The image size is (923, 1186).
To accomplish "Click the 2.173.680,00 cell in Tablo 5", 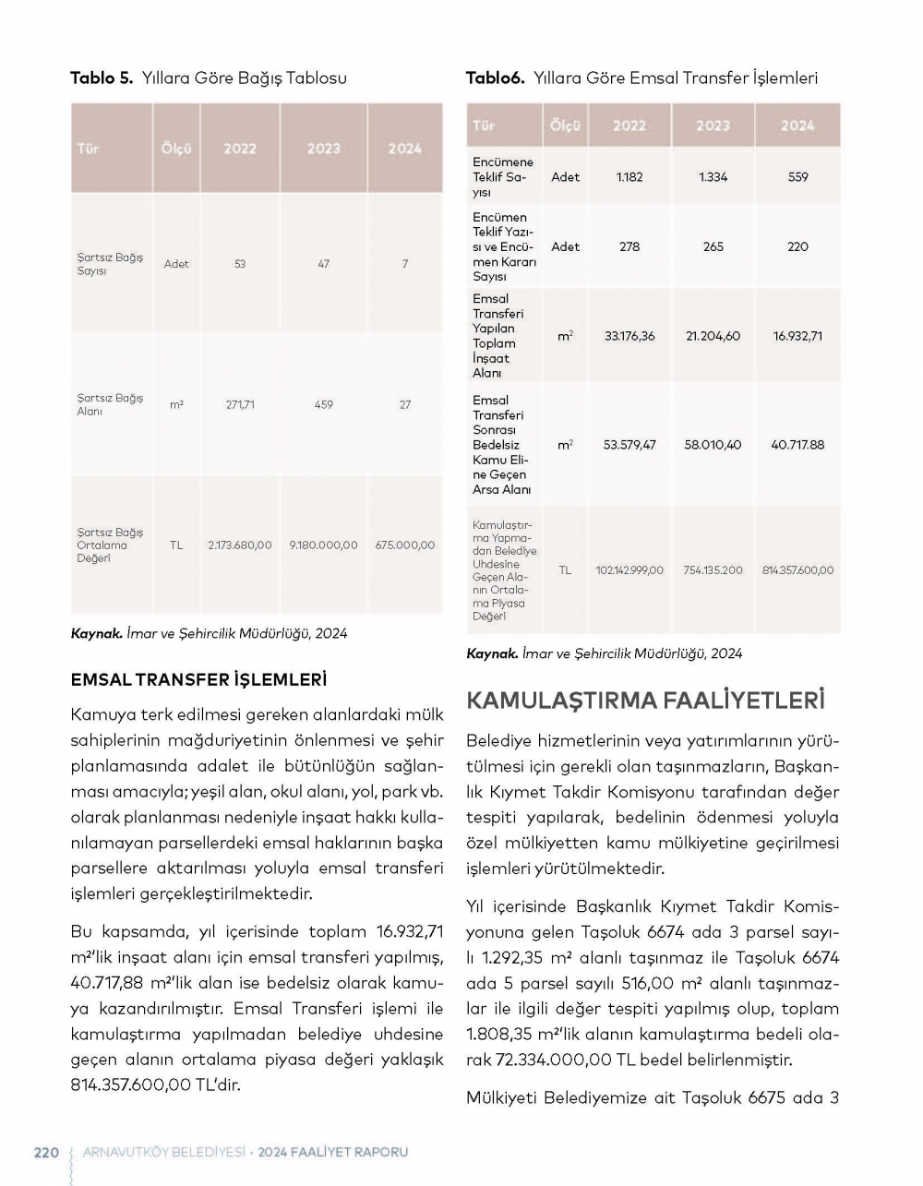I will point(240,545).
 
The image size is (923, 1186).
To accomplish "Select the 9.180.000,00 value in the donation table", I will point(323,545).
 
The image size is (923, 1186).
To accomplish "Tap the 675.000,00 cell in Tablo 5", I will point(405,545).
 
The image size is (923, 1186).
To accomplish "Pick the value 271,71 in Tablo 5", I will point(240,405).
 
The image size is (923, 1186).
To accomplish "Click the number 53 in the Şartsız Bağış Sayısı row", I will point(240,264).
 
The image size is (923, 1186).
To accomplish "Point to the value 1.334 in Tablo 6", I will point(713,177).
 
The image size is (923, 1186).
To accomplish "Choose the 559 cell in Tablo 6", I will point(797,177).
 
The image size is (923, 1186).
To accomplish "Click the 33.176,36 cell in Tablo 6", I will point(629,336).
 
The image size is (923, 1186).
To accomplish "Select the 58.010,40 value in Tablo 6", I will point(713,445).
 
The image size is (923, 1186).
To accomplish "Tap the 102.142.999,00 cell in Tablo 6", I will point(629,570).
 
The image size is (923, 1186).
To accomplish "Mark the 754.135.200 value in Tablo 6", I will point(713,570).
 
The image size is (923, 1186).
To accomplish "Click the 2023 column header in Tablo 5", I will point(323,149).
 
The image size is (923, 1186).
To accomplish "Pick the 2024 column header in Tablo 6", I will point(797,126).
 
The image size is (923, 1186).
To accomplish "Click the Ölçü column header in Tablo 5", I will point(176,149).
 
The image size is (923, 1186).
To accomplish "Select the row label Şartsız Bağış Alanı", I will point(110,405).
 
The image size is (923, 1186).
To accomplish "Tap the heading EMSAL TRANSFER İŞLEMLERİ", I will point(198,680).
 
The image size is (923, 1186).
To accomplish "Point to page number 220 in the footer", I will point(46,1152).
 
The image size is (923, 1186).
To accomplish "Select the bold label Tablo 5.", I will point(102,78).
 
